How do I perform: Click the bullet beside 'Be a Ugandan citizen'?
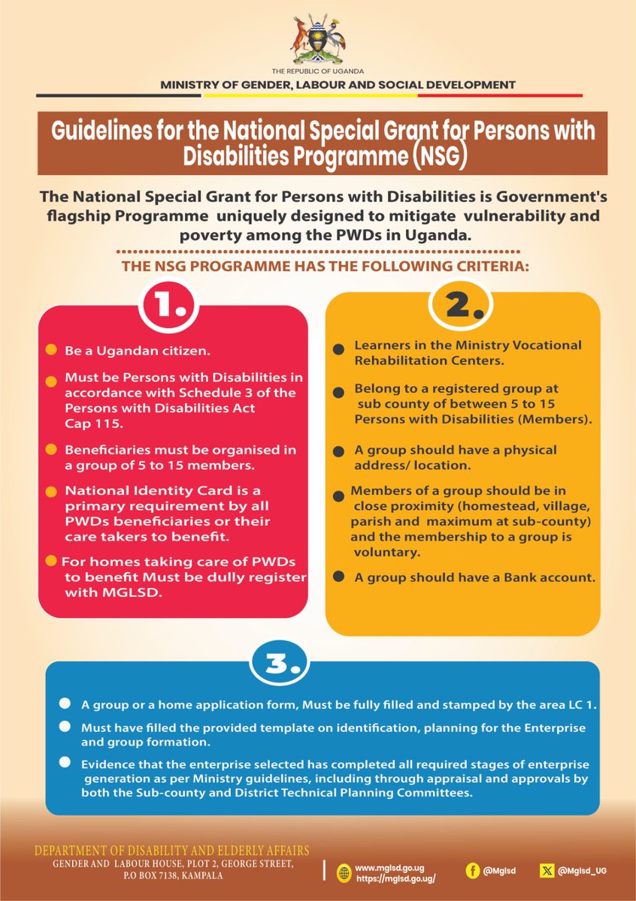(x=50, y=351)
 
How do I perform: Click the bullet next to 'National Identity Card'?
(x=50, y=492)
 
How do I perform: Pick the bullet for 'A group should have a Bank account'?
(x=339, y=577)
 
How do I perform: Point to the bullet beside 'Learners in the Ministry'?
(x=339, y=349)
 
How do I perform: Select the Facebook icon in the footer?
(x=474, y=870)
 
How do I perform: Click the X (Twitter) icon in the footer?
(x=547, y=870)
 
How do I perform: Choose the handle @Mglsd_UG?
(x=583, y=870)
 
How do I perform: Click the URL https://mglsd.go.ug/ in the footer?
(x=395, y=878)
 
